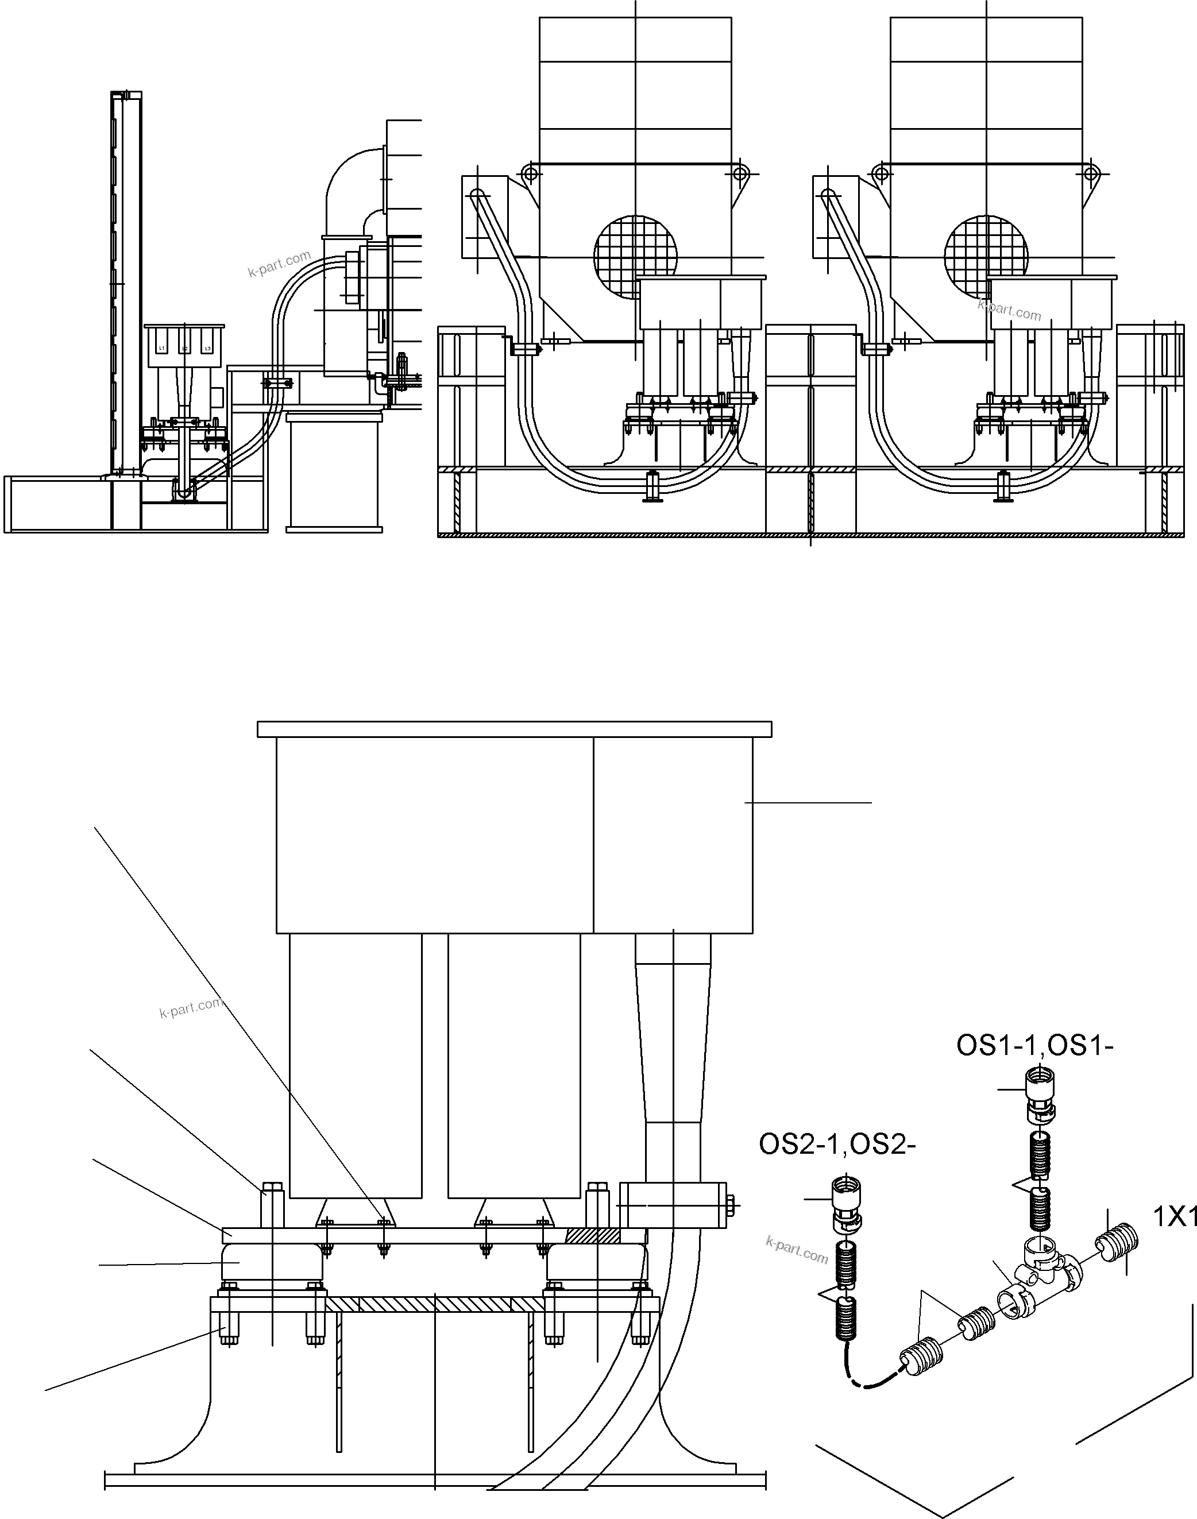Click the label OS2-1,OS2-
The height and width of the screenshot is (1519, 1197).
point(837,1145)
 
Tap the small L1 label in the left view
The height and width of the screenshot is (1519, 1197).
point(162,348)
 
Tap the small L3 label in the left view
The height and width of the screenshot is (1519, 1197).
point(207,348)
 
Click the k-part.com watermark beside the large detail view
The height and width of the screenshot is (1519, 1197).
point(190,1008)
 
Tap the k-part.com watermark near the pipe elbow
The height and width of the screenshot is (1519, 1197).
point(279,264)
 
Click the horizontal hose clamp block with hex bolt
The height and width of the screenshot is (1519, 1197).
point(674,1205)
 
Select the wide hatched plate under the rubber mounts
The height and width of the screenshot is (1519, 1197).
point(434,1304)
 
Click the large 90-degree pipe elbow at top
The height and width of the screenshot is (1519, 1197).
point(350,182)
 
